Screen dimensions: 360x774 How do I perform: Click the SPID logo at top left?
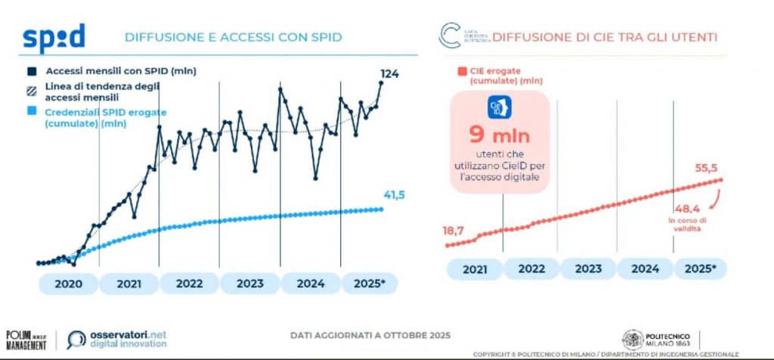[x=54, y=36]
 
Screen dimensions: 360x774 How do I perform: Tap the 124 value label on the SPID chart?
[x=389, y=73]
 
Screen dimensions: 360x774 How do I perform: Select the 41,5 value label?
[x=395, y=195]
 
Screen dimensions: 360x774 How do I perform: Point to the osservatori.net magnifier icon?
[x=77, y=340]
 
